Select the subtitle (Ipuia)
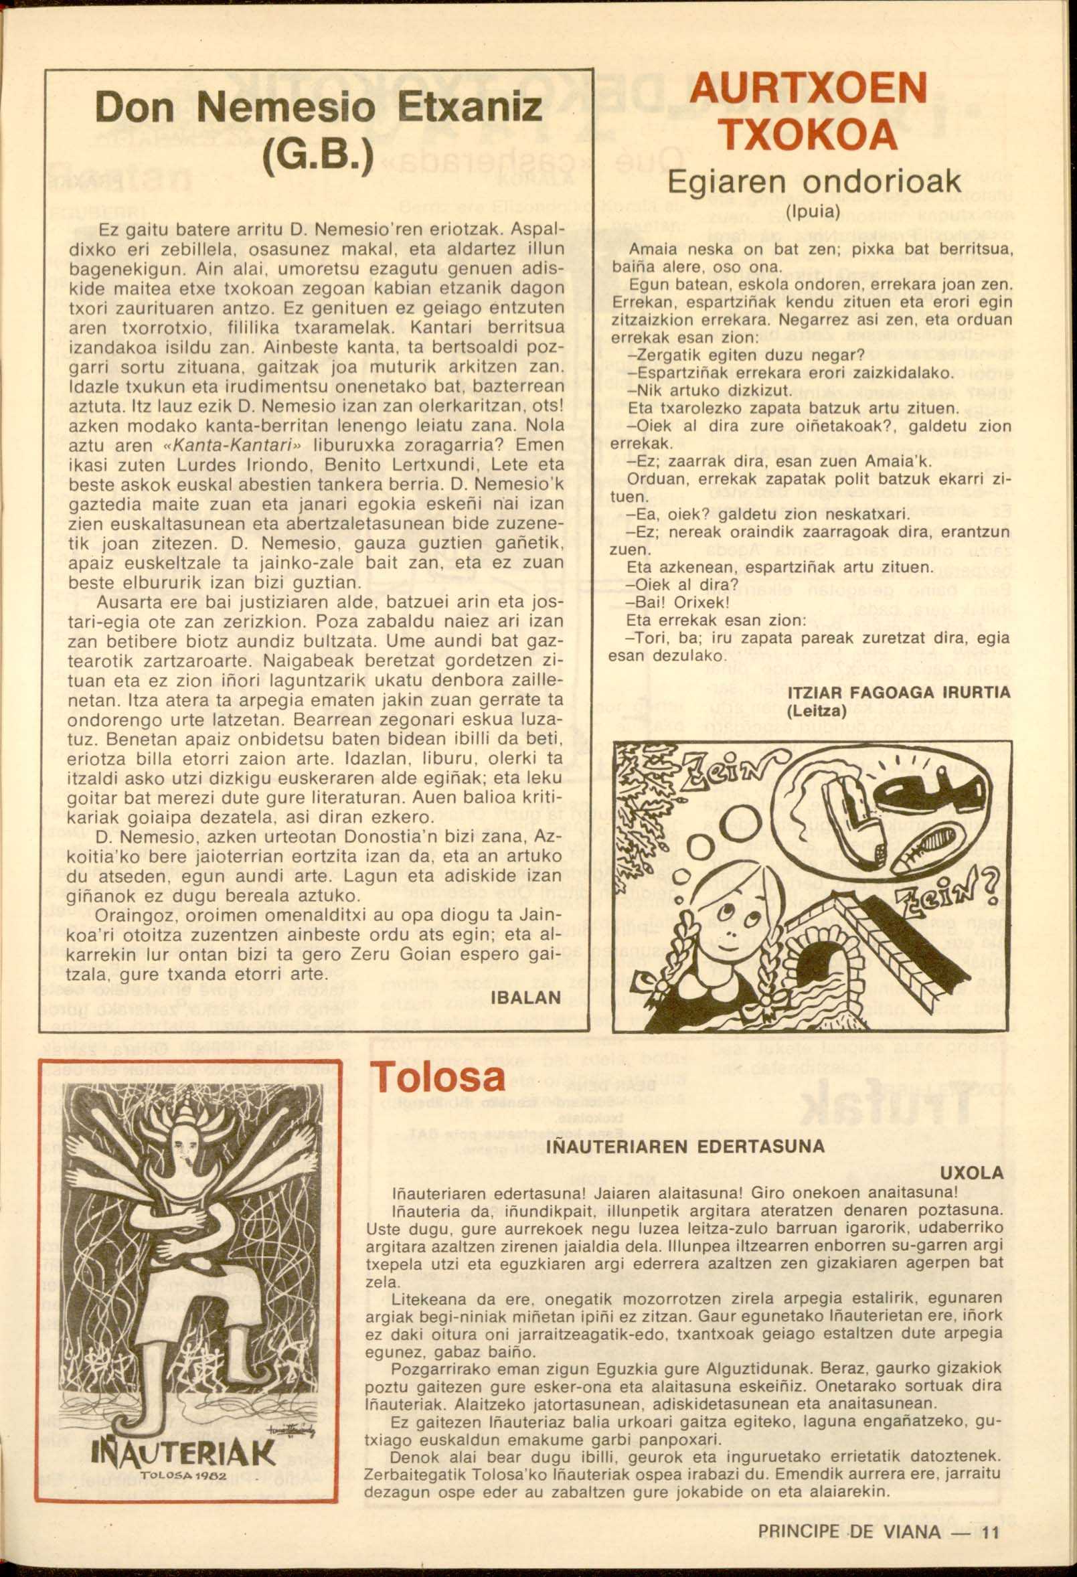click(x=813, y=212)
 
